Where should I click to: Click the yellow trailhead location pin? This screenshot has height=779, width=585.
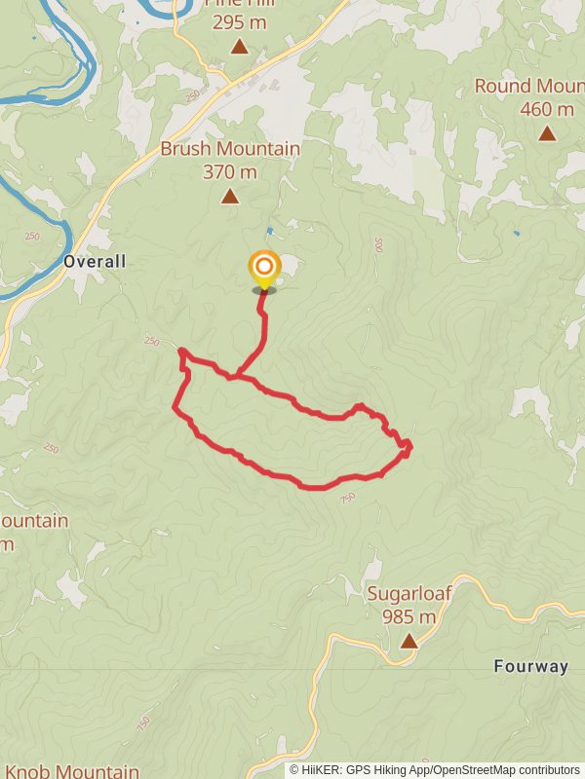pyautogui.click(x=263, y=267)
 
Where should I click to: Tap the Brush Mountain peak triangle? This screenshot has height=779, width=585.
pyautogui.click(x=229, y=197)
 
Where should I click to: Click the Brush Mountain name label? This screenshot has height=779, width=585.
pyautogui.click(x=230, y=149)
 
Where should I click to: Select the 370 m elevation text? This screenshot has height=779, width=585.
pyautogui.click(x=230, y=172)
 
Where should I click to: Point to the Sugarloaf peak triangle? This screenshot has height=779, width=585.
pyautogui.click(x=409, y=641)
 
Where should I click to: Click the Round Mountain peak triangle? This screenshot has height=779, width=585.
pyautogui.click(x=547, y=133)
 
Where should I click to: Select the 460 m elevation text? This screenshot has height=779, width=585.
pyautogui.click(x=547, y=109)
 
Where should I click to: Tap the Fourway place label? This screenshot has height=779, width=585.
pyautogui.click(x=531, y=667)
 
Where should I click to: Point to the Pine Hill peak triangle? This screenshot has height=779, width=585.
pyautogui.click(x=239, y=46)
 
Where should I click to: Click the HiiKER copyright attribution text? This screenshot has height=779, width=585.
pyautogui.click(x=435, y=770)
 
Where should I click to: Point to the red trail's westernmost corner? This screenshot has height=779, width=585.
pyautogui.click(x=175, y=408)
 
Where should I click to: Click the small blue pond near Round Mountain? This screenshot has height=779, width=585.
pyautogui.click(x=516, y=233)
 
